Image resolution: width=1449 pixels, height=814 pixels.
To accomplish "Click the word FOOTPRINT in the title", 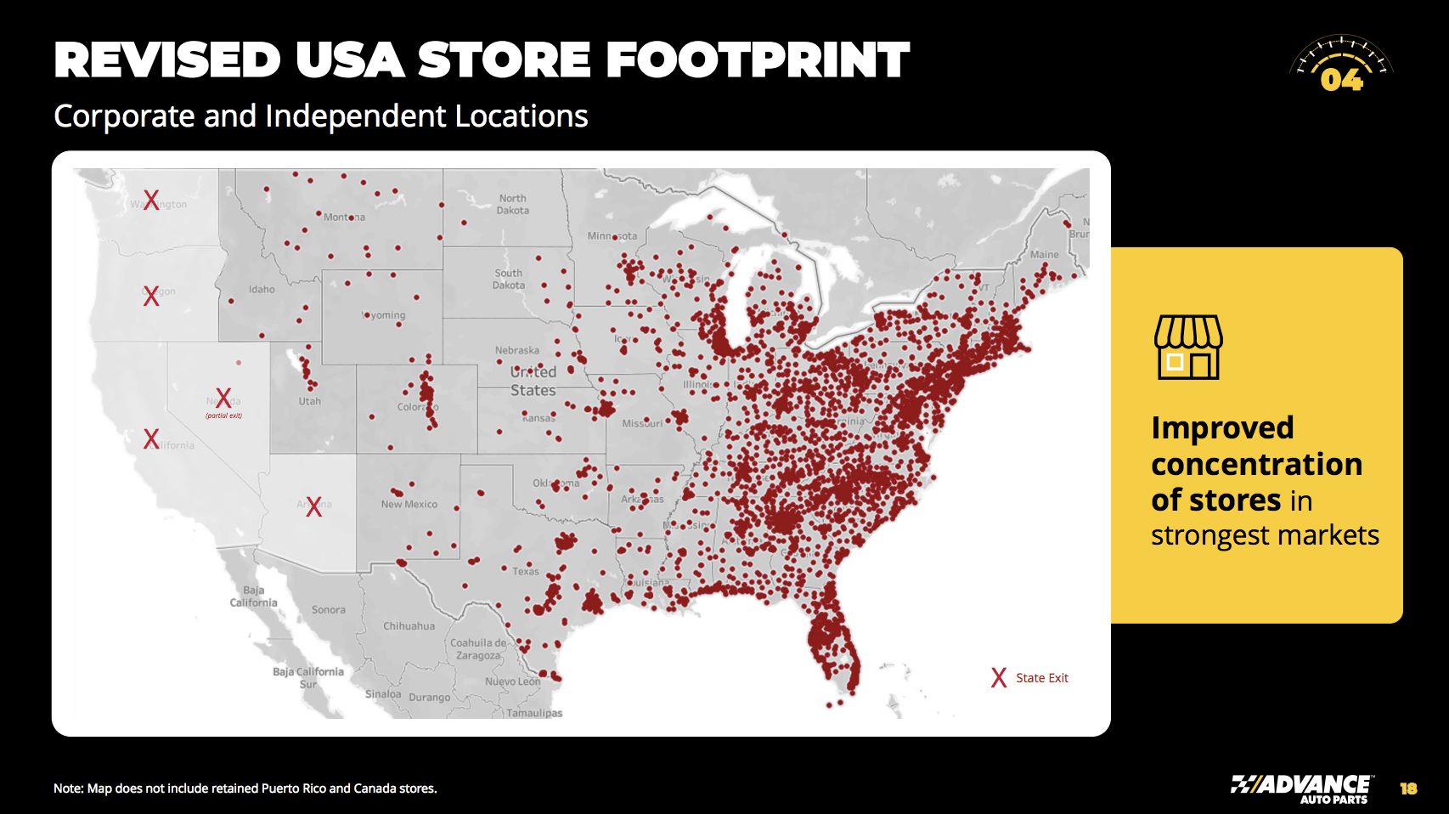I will [x=758, y=60].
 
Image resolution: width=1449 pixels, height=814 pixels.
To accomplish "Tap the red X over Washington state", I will [x=151, y=200].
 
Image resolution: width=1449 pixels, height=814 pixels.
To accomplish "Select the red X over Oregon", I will [x=151, y=296].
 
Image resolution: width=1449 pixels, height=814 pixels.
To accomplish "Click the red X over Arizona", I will [x=314, y=506].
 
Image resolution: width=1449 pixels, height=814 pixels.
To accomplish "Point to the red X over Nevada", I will [x=223, y=398].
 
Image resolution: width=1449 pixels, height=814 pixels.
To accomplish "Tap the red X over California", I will [x=151, y=438].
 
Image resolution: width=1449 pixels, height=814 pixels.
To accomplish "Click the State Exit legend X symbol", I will [x=999, y=677].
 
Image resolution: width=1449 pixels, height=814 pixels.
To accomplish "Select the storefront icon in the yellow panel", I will [x=1188, y=347].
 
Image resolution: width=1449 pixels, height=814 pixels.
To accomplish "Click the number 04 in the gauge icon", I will [x=1341, y=80].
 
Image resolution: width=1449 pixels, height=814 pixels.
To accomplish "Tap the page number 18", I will [x=1408, y=789].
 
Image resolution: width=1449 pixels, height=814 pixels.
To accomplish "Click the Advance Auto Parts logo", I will [x=1300, y=789].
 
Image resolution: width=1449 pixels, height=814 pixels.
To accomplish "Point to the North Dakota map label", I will [x=512, y=204].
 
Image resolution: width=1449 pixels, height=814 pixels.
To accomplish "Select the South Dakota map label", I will [x=509, y=279].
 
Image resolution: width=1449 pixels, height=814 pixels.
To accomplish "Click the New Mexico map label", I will [x=409, y=504].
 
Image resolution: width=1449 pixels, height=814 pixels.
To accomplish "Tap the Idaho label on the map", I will [x=262, y=289].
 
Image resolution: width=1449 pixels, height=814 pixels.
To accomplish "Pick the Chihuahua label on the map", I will [x=409, y=626].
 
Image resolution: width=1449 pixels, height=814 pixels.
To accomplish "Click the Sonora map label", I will [x=328, y=610].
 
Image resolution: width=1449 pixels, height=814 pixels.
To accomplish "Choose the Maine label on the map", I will [x=1044, y=254].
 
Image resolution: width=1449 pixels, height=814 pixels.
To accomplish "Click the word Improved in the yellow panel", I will [x=1222, y=427].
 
